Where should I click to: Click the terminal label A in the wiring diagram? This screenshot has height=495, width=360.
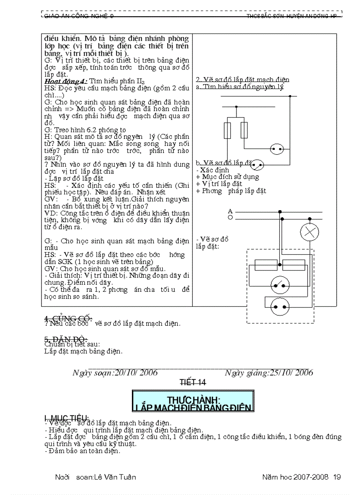coord(230,212)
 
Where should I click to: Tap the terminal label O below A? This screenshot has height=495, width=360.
coord(230,218)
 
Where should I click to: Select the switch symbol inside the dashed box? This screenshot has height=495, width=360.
coord(279,285)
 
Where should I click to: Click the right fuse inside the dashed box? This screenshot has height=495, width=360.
coord(294,265)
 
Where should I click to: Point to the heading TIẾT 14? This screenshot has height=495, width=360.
coord(192,382)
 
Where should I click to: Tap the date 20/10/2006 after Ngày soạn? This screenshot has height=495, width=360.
coord(135,372)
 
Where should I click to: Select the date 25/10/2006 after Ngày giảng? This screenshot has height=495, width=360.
coord(291,372)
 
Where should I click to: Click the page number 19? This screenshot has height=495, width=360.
coord(337,477)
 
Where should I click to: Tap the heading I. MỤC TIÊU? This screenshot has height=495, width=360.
coord(67,417)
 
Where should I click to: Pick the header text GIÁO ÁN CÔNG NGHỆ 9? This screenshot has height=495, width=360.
coord(79,16)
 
